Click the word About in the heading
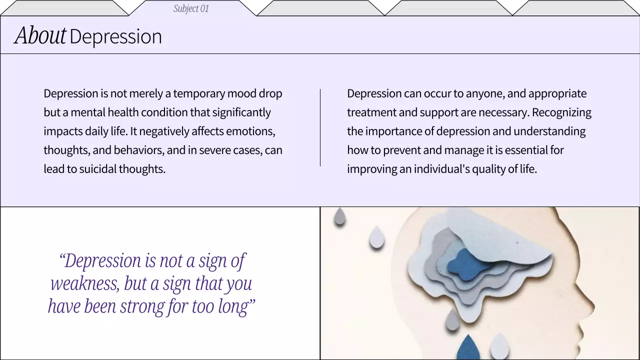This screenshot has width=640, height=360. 40,36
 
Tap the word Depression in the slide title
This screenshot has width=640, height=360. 115,36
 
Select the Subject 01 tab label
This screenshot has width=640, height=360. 191,8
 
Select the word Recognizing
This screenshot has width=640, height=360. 561,112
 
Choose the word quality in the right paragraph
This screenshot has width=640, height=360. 480,169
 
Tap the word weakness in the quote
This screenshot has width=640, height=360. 84,283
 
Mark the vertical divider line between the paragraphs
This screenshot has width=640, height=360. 320,127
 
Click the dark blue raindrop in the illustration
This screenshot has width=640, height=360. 468,347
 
